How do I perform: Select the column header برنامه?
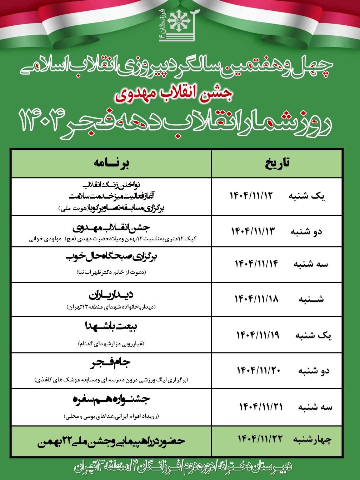coord(111,163)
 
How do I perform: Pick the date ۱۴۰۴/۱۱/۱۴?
coord(256,264)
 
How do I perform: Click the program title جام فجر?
coord(111,365)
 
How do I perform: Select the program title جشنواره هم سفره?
coord(111,400)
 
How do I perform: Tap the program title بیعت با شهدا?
coord(111,327)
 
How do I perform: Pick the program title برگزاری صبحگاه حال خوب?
coord(111,258)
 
